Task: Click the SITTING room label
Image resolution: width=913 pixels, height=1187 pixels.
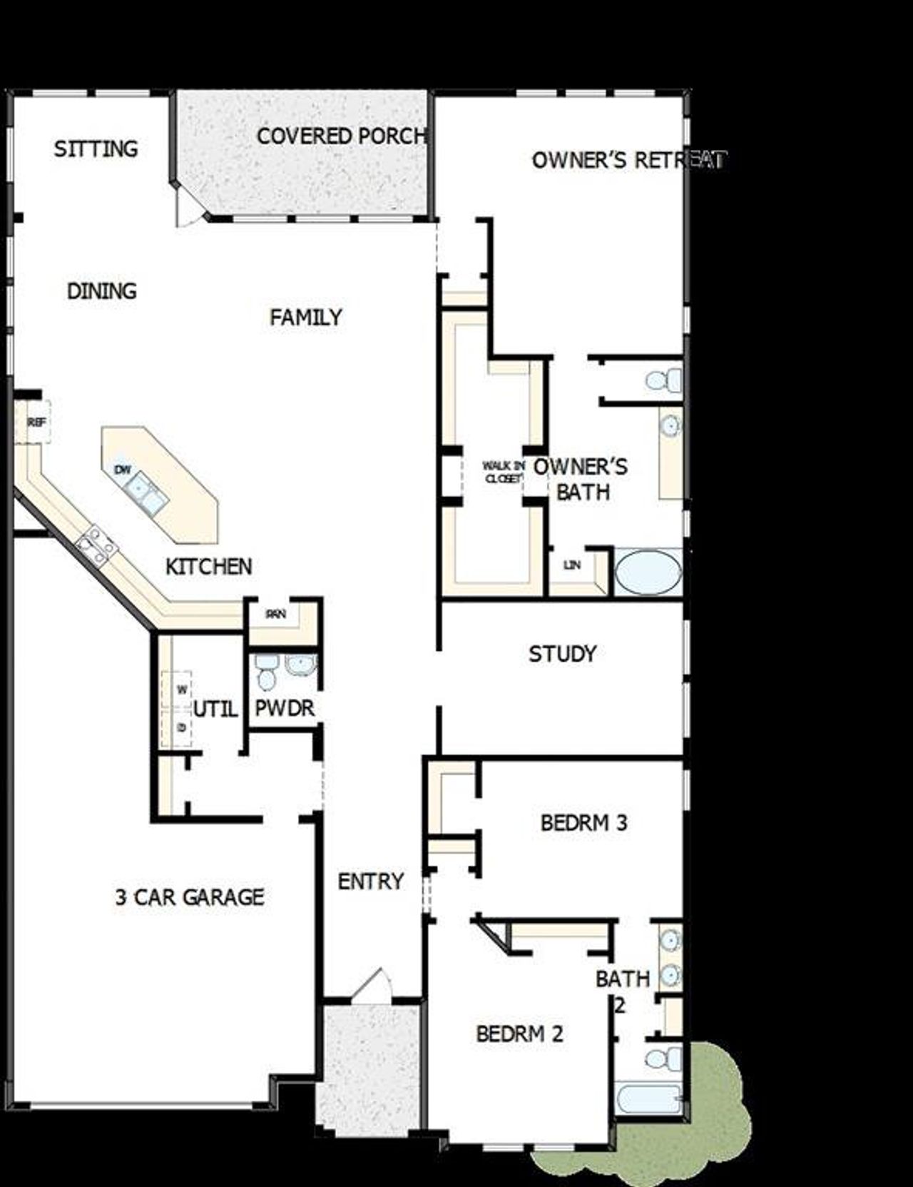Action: (x=96, y=149)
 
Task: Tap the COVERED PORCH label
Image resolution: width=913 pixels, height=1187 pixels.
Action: (x=341, y=136)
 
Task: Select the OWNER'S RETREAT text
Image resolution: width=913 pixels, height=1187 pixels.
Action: (x=628, y=160)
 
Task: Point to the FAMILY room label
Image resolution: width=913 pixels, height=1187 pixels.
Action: (x=306, y=316)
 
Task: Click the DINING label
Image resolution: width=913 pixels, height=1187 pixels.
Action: (x=101, y=291)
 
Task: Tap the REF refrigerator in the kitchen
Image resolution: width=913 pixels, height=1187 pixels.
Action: (x=36, y=423)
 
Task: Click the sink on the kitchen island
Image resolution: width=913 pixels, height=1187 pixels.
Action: (x=145, y=493)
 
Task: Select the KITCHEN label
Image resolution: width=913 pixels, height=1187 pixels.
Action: (x=208, y=567)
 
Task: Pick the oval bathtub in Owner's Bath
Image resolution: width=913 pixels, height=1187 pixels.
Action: (x=648, y=571)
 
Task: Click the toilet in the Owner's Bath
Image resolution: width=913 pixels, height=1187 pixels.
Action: (x=663, y=380)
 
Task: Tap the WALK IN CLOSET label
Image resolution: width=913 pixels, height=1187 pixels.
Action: (x=504, y=473)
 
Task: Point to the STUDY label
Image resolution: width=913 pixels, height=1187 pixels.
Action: (x=562, y=654)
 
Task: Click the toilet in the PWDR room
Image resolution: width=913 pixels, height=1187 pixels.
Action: (x=266, y=673)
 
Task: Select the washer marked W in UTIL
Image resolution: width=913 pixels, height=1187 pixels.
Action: (x=181, y=690)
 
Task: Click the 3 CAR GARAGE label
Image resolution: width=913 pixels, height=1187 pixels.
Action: (x=190, y=896)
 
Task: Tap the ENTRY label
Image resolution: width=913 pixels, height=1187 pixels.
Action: (x=370, y=882)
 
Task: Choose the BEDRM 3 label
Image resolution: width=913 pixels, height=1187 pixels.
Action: (x=583, y=823)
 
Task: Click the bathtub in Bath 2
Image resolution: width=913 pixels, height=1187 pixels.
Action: (x=648, y=1098)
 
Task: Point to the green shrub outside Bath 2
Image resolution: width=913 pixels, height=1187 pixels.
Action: (x=720, y=1113)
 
